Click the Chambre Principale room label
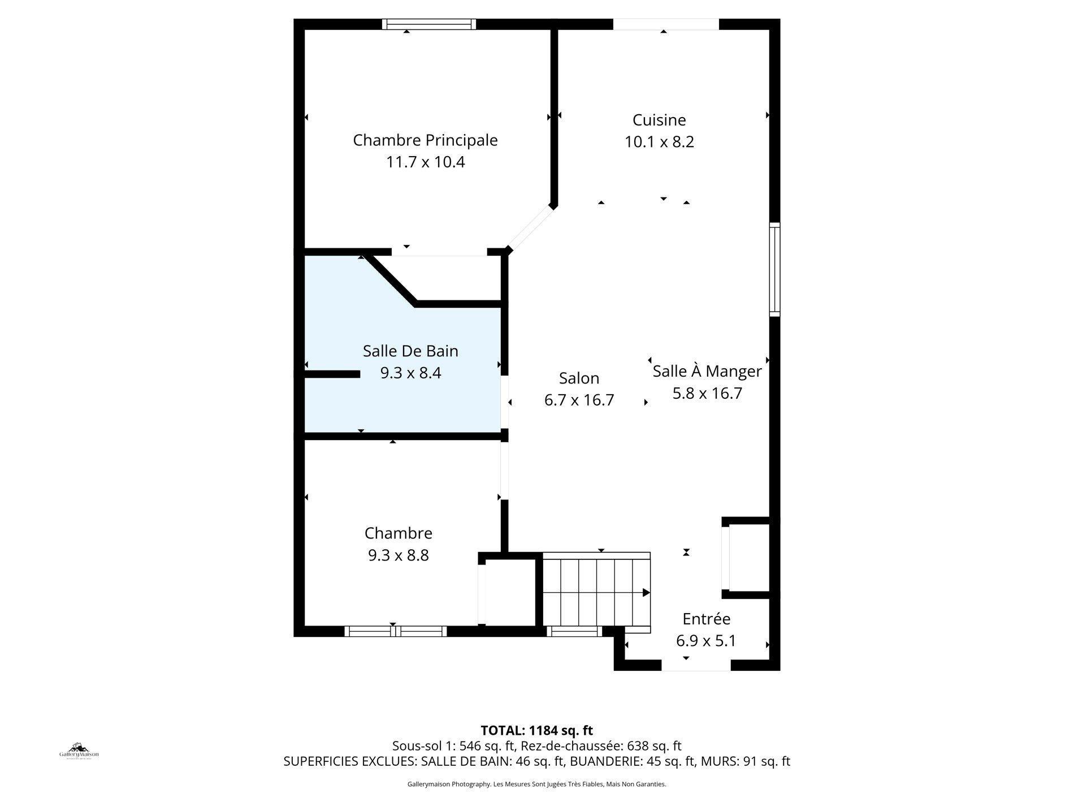tap(425, 140)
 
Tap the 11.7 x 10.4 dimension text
tap(425, 162)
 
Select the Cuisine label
tap(659, 120)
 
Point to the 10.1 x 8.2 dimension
tap(659, 142)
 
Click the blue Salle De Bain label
tap(410, 351)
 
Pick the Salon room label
tap(579, 378)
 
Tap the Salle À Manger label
tap(707, 372)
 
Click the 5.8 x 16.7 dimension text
tap(707, 394)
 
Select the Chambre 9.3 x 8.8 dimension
tap(399, 555)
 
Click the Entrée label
tap(706, 619)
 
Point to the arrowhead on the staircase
tap(646, 593)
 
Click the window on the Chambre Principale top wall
tap(429, 24)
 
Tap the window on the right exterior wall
tap(774, 269)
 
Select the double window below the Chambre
tap(396, 631)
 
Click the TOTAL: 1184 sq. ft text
tap(536, 730)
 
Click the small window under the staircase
tap(576, 631)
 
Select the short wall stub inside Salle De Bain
tap(332, 374)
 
